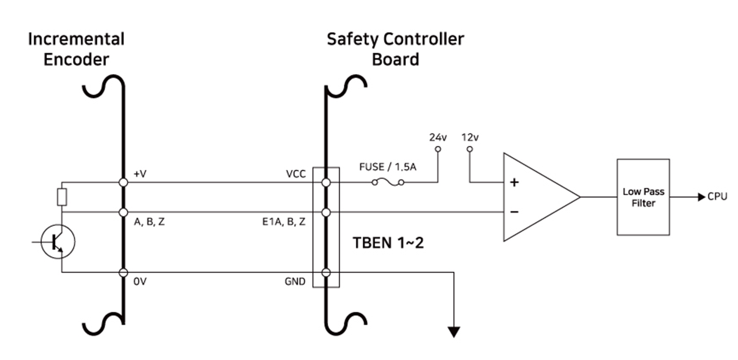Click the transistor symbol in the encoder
point(58,241)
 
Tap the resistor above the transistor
point(62,197)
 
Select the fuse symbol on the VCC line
point(388,182)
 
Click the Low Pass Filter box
point(643,197)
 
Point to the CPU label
point(717,197)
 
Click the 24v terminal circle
point(438,149)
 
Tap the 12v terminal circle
point(470,149)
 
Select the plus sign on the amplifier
point(514,182)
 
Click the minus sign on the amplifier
point(514,212)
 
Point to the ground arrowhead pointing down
point(454,332)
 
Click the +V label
point(140,174)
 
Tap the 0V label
point(140,282)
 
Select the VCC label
point(296,174)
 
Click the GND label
point(295,282)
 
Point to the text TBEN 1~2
point(388,243)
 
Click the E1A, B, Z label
point(283,222)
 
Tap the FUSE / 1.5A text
point(388,167)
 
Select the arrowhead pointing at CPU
point(702,197)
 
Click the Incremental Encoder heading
point(76,49)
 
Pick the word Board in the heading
point(395,60)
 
